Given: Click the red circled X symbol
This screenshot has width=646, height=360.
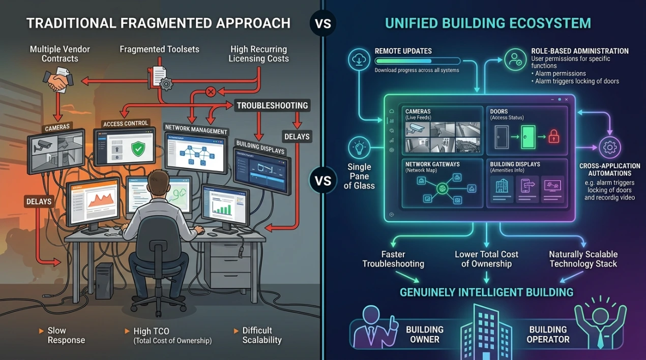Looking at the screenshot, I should (x=210, y=92).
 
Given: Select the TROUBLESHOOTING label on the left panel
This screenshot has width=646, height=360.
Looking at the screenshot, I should (x=272, y=106).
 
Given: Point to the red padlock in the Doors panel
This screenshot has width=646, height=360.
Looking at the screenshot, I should (x=553, y=136).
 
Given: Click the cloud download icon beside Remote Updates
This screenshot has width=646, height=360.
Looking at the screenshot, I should (x=358, y=59).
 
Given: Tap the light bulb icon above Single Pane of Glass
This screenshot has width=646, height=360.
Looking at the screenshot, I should (x=359, y=148).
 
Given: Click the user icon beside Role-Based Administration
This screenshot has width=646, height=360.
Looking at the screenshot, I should (x=515, y=59).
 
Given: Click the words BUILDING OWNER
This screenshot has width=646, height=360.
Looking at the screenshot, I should (x=425, y=334).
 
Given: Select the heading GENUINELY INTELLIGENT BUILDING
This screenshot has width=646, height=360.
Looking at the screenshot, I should (x=486, y=292).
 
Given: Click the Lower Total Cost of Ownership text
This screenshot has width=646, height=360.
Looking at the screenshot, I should (x=486, y=258).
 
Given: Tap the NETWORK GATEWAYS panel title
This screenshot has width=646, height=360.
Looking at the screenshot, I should (x=432, y=165).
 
